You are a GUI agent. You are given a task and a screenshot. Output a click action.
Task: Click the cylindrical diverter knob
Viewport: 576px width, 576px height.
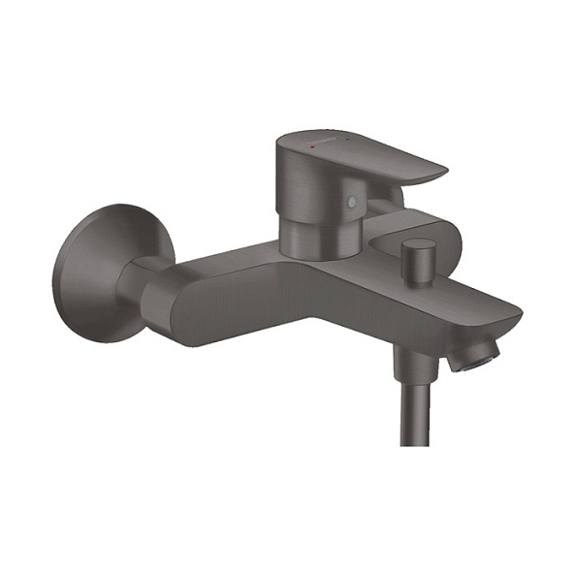pos(416,260)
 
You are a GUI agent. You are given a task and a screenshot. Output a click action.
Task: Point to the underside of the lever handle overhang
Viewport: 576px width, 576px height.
pos(388,189)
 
